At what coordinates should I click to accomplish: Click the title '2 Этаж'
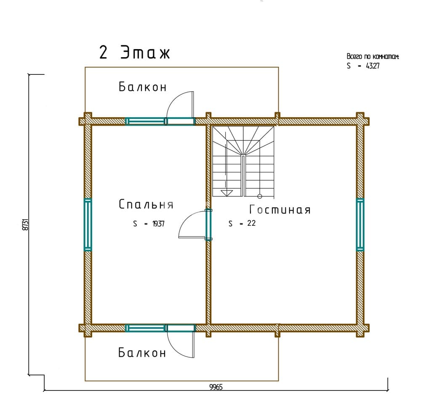click(x=135, y=52)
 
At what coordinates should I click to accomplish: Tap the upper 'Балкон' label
click(x=143, y=87)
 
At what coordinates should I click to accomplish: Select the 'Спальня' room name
click(x=146, y=204)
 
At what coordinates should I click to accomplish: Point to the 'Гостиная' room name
click(x=280, y=209)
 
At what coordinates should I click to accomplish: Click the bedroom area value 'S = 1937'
click(x=149, y=224)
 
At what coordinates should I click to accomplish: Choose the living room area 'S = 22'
click(x=242, y=223)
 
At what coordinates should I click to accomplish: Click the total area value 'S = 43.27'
click(x=363, y=66)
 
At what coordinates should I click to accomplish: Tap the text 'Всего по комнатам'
click(x=373, y=57)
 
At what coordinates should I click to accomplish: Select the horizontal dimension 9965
click(x=216, y=387)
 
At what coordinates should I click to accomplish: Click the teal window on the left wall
click(x=88, y=225)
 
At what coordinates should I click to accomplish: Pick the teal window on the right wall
click(x=360, y=225)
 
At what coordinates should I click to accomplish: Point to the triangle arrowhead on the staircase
click(x=226, y=193)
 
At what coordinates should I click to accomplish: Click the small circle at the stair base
click(x=260, y=196)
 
